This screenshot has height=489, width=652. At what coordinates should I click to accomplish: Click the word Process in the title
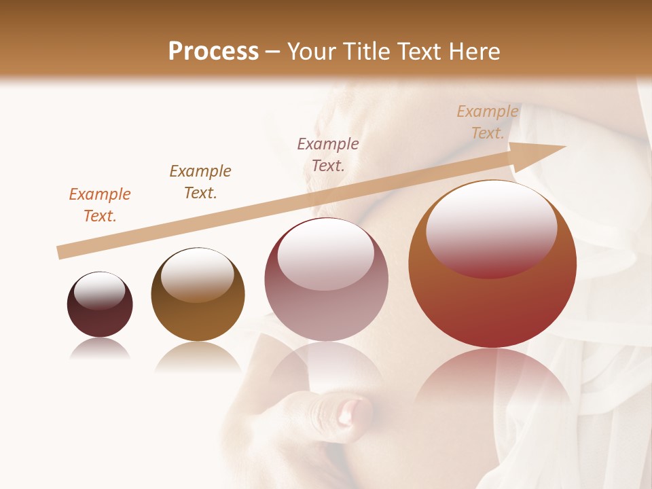(213, 52)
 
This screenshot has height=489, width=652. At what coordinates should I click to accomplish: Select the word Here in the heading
(474, 52)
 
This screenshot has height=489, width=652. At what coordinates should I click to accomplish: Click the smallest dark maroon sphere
(100, 305)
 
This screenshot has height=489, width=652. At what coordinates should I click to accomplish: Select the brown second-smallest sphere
(198, 295)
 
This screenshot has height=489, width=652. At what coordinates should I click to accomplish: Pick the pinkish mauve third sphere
(326, 280)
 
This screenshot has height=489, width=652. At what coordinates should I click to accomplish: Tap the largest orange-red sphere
(492, 265)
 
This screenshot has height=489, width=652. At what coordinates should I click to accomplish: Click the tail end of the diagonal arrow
(60, 252)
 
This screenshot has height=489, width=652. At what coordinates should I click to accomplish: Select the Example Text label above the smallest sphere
(100, 205)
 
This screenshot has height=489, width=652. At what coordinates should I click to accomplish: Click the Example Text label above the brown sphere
(200, 182)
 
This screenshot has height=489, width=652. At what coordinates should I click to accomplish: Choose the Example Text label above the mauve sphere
(328, 155)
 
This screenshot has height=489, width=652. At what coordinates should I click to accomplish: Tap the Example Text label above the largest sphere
(487, 122)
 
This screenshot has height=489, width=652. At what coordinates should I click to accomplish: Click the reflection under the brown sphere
(198, 357)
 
